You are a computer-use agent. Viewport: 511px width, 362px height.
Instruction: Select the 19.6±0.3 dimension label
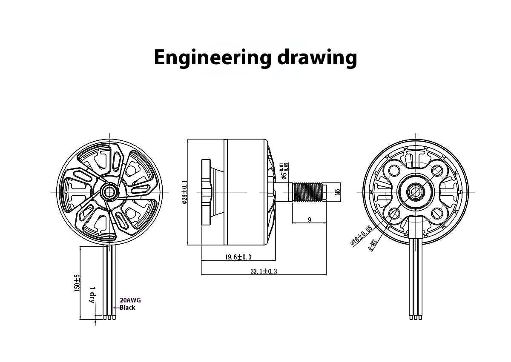(x=238, y=257)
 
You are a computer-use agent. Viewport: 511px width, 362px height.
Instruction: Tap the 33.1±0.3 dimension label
(x=264, y=271)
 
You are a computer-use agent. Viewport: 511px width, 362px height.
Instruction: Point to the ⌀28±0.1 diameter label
(x=184, y=192)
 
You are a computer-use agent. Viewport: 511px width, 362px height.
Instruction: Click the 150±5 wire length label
(x=77, y=283)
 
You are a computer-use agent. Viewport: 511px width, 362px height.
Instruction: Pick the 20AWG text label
(x=130, y=300)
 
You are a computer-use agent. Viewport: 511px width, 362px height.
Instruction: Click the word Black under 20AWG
(x=127, y=308)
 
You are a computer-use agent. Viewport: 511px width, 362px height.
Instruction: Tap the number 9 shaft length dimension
(x=309, y=220)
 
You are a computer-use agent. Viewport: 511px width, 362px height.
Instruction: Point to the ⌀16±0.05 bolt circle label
(x=361, y=235)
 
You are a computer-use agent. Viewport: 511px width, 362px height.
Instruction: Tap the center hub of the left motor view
(x=109, y=192)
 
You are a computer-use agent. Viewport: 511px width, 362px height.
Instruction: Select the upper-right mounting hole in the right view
(x=437, y=170)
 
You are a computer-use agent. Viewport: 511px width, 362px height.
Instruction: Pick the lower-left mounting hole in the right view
(x=393, y=213)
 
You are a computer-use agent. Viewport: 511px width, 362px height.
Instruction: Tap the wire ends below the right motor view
(x=415, y=317)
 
